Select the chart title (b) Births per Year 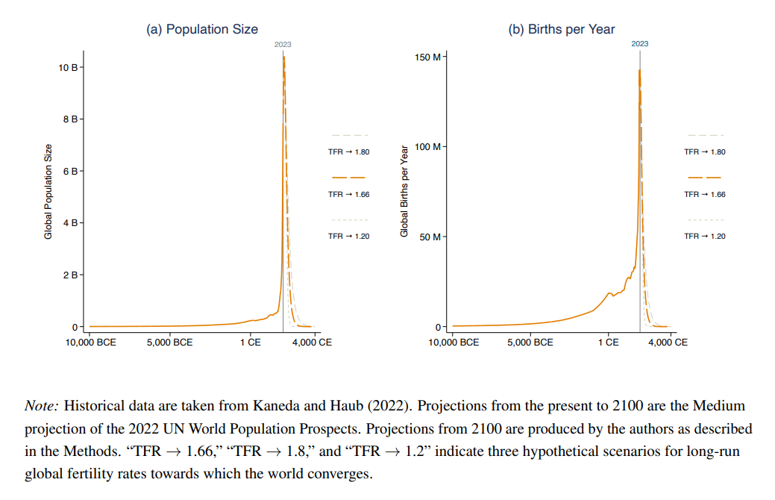[x=562, y=29]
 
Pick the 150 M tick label [x=427, y=57]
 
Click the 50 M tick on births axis [x=430, y=237]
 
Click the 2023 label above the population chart [x=283, y=45]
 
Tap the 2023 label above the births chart [x=639, y=44]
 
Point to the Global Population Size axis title [x=48, y=192]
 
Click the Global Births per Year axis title [x=405, y=192]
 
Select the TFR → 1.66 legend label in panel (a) [x=348, y=194]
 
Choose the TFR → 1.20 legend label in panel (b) [x=705, y=237]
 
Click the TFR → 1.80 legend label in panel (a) [x=348, y=152]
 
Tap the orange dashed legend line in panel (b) [x=705, y=178]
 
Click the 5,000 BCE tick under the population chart [x=171, y=343]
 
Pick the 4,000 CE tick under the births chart [x=668, y=343]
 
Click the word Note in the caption [x=41, y=407]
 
